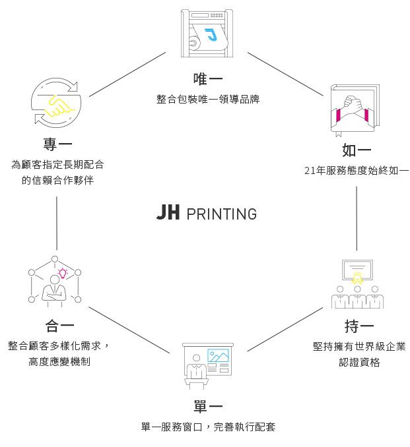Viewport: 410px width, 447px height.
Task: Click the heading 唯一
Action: click(207, 79)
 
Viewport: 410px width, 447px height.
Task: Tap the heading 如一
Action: click(357, 150)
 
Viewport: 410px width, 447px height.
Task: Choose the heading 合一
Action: click(59, 325)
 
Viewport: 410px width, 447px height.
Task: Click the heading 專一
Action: click(57, 144)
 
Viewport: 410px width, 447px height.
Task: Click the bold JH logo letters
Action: click(168, 212)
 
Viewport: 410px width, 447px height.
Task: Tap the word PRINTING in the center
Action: click(221, 214)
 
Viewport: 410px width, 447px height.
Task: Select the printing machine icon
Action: click(207, 33)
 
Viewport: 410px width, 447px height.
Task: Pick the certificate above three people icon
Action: click(357, 283)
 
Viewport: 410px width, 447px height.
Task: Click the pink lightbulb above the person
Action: click(63, 272)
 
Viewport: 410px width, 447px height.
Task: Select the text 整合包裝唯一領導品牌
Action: click(207, 100)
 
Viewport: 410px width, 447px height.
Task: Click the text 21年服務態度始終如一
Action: click(357, 171)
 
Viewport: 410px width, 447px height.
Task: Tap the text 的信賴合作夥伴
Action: click(57, 179)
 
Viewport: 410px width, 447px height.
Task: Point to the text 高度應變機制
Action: click(59, 362)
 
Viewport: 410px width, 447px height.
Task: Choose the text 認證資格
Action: click(359, 363)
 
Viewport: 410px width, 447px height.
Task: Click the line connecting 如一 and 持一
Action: click(357, 218)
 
